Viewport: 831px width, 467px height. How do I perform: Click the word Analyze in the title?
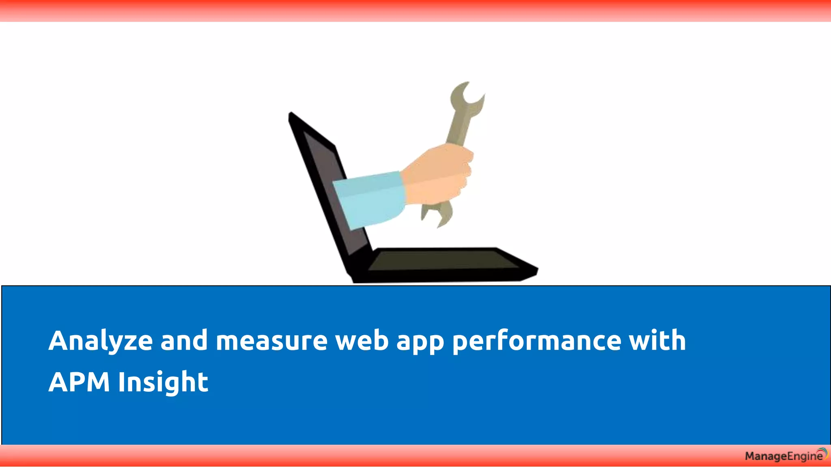pos(100,341)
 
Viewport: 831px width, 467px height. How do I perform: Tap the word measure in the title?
pos(271,341)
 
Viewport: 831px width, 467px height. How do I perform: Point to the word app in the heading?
pos(420,343)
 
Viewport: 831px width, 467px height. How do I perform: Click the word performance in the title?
pos(536,341)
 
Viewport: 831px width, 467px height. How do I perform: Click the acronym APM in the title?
pos(79,382)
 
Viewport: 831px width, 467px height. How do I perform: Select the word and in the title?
pos(184,341)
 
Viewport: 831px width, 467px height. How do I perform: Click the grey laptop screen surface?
pos(325,170)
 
